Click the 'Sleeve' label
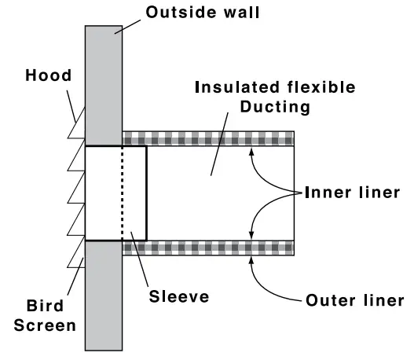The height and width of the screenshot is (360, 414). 180,296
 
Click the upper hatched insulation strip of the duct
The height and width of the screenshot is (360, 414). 208,138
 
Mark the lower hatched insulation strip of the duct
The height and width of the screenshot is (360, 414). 208,248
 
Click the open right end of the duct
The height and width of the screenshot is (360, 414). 295,193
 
